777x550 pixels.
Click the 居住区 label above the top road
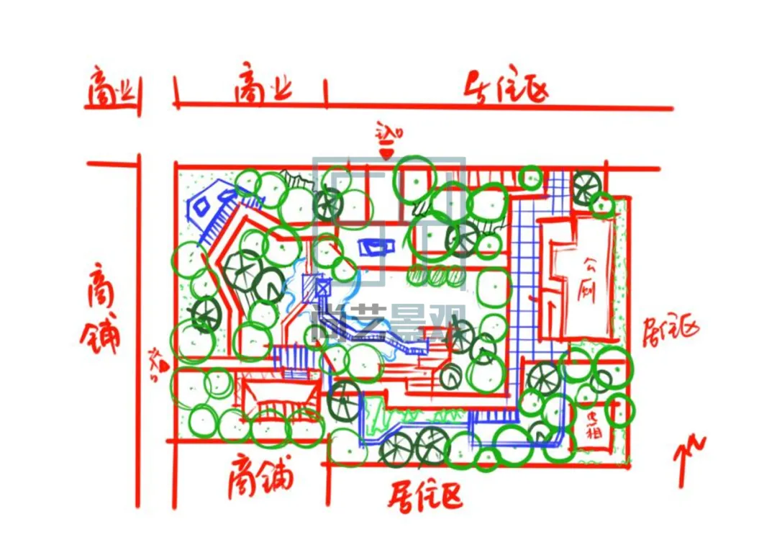point(508,89)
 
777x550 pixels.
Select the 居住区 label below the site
point(425,496)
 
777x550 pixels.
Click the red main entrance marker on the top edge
point(387,152)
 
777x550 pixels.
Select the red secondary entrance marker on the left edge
point(164,365)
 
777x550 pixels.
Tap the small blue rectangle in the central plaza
point(376,247)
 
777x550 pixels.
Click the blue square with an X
point(322,287)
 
